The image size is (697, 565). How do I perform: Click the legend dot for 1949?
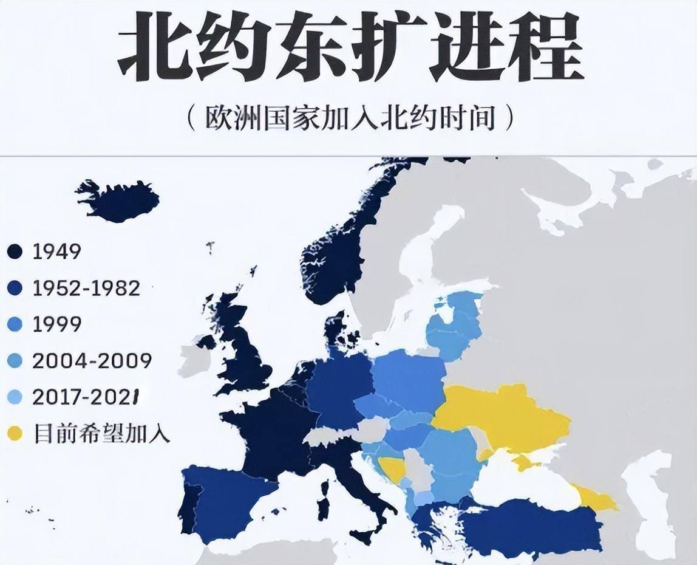click(x=14, y=252)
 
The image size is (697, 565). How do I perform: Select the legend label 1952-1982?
click(x=86, y=288)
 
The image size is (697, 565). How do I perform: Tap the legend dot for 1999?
click(x=14, y=324)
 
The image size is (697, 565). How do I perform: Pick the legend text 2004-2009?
click(x=92, y=361)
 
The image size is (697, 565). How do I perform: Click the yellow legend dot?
click(x=14, y=434)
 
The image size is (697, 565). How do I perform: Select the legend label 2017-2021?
click(x=86, y=397)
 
